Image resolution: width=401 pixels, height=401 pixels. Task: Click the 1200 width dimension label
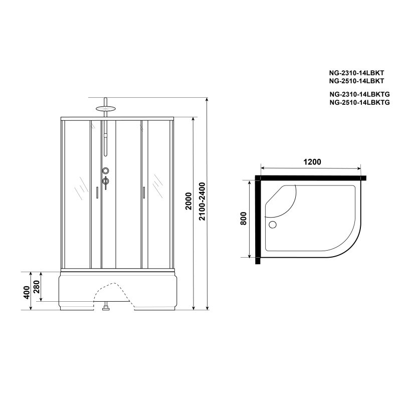click(x=311, y=162)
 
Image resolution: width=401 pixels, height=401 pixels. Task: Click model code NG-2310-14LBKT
click(x=356, y=73)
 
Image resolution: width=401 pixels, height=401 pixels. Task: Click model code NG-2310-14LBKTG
click(x=359, y=94)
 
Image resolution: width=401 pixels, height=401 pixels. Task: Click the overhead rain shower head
click(x=105, y=107)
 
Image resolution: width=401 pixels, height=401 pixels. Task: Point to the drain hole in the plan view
click(x=273, y=225)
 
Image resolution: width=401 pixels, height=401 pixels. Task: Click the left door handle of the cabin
click(x=96, y=192)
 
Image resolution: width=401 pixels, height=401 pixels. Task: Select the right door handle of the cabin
click(x=143, y=192)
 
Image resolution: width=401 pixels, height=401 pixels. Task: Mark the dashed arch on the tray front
click(x=112, y=290)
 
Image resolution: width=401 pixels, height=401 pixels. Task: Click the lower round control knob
click(x=105, y=181)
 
